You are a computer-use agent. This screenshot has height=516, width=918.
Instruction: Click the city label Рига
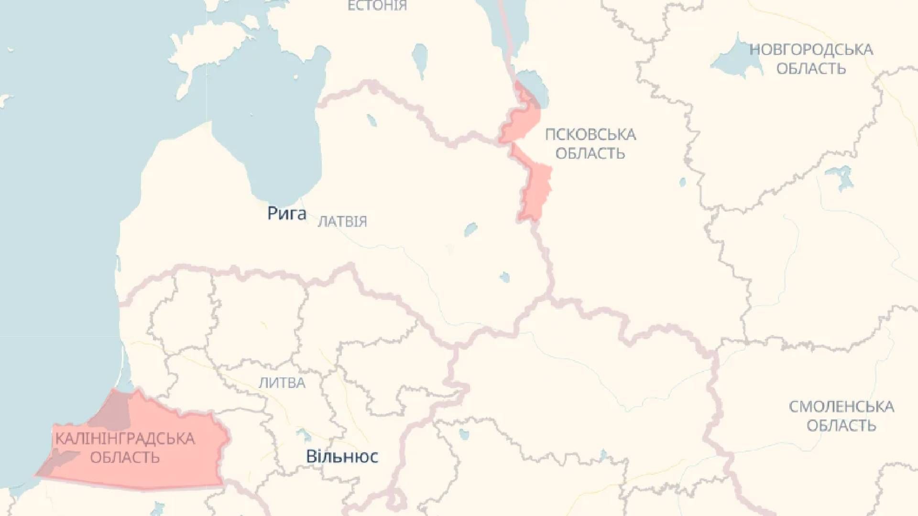(286, 213)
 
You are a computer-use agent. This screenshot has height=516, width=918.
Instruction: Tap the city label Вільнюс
(342, 456)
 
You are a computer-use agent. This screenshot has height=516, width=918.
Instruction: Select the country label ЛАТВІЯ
(342, 222)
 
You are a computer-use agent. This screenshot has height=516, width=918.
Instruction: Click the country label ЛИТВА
(282, 383)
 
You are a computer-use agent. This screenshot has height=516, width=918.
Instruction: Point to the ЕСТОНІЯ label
(377, 6)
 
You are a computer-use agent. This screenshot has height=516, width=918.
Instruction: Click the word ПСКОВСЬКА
(590, 135)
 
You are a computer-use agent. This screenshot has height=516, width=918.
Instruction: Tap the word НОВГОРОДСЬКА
(811, 50)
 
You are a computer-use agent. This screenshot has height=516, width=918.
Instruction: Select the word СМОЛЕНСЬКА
(841, 407)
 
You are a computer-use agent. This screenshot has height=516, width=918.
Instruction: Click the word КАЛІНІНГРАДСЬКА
(125, 439)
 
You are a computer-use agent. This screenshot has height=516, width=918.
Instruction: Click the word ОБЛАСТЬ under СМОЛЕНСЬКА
(841, 426)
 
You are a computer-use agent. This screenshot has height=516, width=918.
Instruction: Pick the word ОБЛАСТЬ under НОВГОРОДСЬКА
(811, 69)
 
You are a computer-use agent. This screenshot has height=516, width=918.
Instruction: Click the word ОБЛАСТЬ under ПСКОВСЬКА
(590, 154)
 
